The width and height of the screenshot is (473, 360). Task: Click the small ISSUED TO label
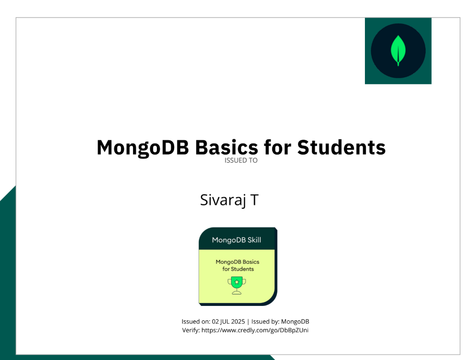tap(241, 161)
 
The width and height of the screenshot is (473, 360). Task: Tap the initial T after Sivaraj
tap(254, 200)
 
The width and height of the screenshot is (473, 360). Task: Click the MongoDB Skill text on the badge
tap(237, 240)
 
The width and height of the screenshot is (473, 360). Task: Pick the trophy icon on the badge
tap(237, 285)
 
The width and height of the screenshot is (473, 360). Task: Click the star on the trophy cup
tap(237, 282)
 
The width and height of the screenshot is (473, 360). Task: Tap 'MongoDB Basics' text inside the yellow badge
tap(238, 262)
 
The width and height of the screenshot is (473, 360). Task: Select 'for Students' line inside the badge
tap(238, 269)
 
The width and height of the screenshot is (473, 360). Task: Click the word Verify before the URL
tap(190, 330)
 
